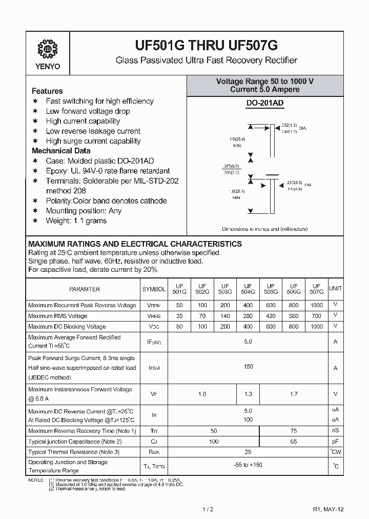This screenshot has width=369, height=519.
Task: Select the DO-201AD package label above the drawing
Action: [x=265, y=104]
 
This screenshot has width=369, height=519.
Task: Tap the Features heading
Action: [x=47, y=91]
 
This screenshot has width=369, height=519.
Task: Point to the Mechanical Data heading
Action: [x=61, y=151]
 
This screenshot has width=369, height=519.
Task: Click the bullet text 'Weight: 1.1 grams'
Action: [x=76, y=221]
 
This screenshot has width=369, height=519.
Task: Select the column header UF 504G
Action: [x=248, y=288]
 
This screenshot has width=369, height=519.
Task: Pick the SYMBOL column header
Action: [x=154, y=289]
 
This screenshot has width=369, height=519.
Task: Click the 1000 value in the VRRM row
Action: [x=317, y=305]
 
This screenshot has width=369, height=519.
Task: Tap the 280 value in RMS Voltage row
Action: [x=248, y=316]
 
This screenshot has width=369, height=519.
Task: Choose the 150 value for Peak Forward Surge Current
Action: [x=248, y=367]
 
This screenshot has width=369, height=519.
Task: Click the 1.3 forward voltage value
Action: [x=248, y=394]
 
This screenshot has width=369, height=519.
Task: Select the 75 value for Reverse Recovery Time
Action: [x=294, y=431]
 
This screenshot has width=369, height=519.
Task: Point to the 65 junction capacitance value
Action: [x=294, y=441]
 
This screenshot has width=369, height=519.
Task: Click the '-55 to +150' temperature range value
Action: [x=248, y=465]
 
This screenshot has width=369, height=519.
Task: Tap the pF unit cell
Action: [x=336, y=441]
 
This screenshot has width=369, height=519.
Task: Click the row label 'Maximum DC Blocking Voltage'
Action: [x=67, y=326]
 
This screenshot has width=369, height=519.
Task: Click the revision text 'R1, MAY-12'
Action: [x=328, y=509]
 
